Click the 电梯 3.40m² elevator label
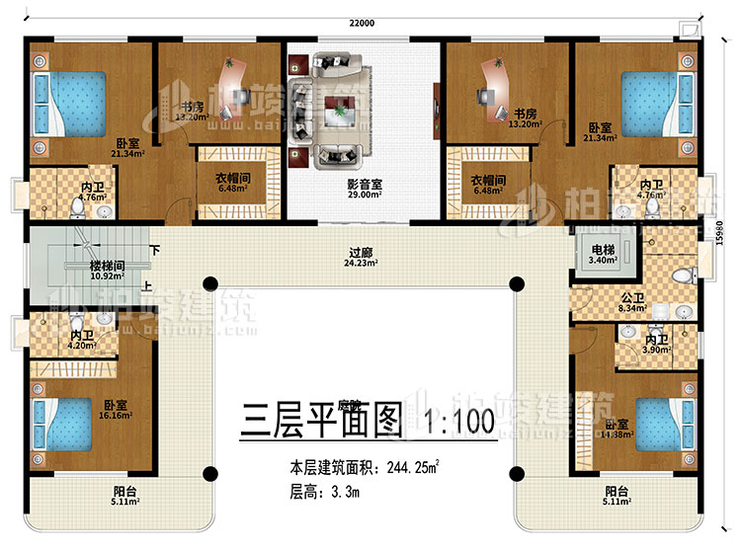[x=602, y=256]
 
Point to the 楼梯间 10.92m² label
[x=79, y=273]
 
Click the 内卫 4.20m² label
[x=82, y=341]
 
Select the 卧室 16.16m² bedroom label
[x=116, y=410]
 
